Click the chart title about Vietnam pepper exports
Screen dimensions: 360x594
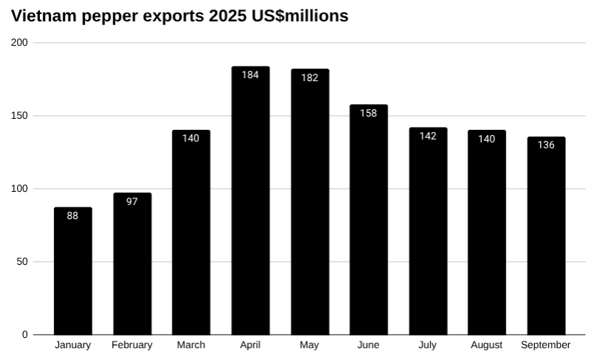(179, 15)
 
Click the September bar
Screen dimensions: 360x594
(546, 236)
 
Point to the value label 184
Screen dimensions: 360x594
(250, 75)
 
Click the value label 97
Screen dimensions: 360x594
(132, 201)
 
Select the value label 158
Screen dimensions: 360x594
(368, 113)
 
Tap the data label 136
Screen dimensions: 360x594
(546, 145)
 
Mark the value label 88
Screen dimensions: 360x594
(73, 215)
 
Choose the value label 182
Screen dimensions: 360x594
(309, 77)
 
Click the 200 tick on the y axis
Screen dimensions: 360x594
(20, 43)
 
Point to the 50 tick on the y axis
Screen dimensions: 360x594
(23, 262)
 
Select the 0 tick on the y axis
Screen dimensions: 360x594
(25, 335)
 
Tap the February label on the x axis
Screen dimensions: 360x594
(132, 345)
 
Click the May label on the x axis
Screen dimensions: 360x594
(309, 345)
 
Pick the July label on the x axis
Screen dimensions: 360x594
(427, 345)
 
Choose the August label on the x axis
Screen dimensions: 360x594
(486, 345)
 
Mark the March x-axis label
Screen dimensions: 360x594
(191, 345)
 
